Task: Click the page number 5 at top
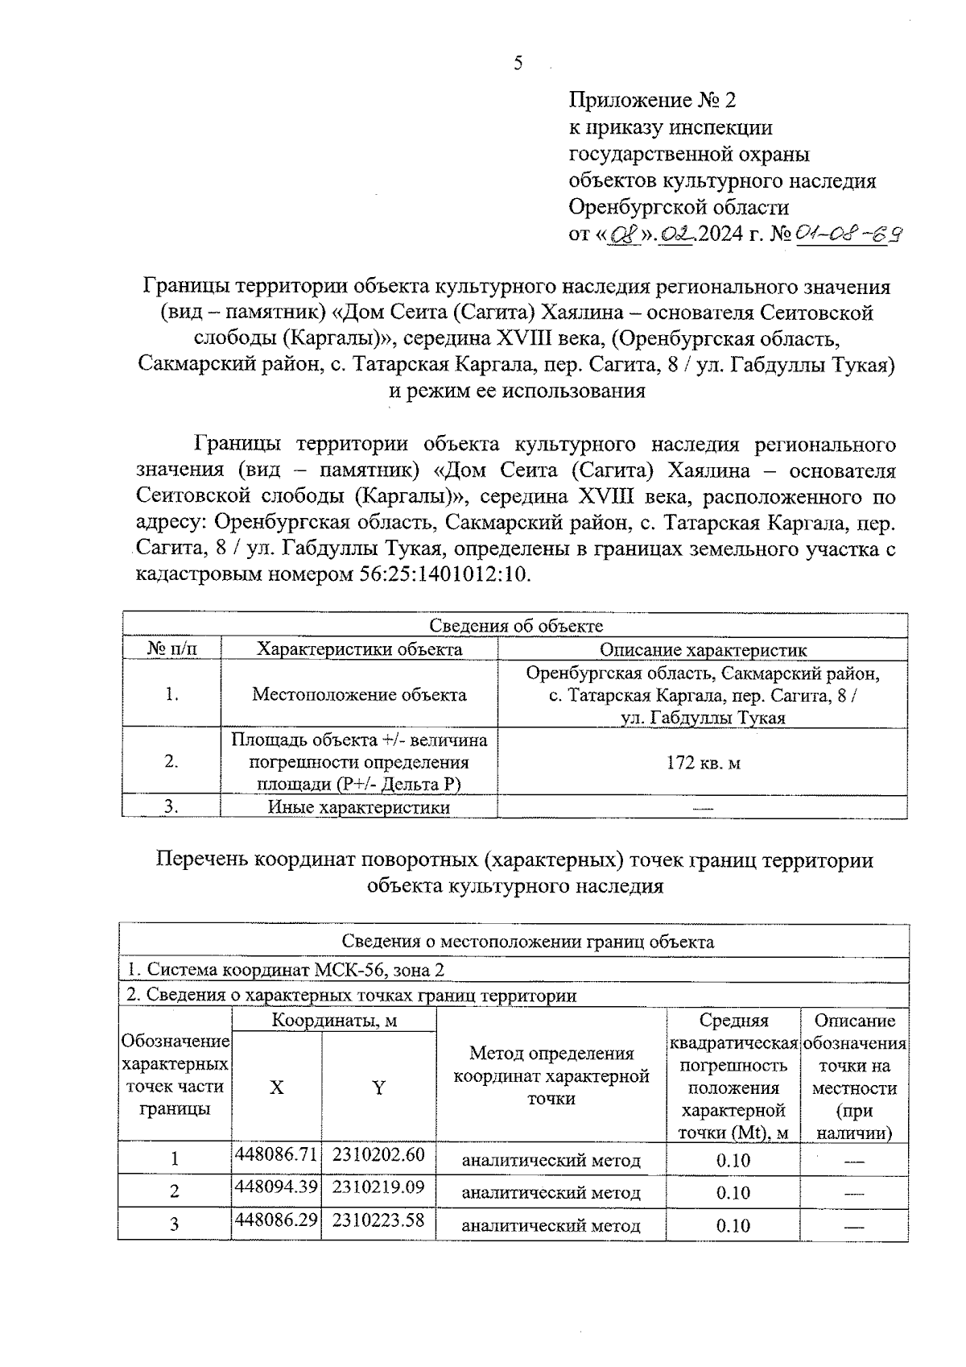coord(518,64)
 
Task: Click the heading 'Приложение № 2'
coord(652,101)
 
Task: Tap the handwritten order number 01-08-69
coord(848,234)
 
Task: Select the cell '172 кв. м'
coord(703,762)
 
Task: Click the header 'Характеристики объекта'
coord(359,649)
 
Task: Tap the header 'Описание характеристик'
coord(703,649)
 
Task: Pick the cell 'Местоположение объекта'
coord(359,694)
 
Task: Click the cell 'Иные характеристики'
coord(359,807)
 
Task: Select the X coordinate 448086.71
coord(276,1154)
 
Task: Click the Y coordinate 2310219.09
coord(378,1187)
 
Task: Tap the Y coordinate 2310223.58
coord(378,1220)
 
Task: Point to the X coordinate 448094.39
coord(276,1187)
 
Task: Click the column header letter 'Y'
coord(378,1087)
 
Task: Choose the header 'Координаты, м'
coord(334,1021)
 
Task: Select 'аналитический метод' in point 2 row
coord(551,1193)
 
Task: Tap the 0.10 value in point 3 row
coord(733,1226)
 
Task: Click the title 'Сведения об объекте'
coord(515,626)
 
